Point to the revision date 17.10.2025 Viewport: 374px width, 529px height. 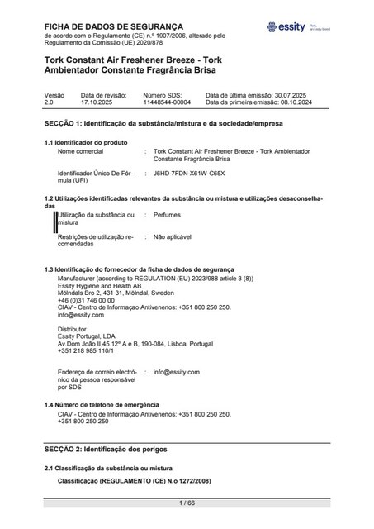[x=101, y=102]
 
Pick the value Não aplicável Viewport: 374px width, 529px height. [x=172, y=236]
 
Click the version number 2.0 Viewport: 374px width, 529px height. [x=48, y=102]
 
